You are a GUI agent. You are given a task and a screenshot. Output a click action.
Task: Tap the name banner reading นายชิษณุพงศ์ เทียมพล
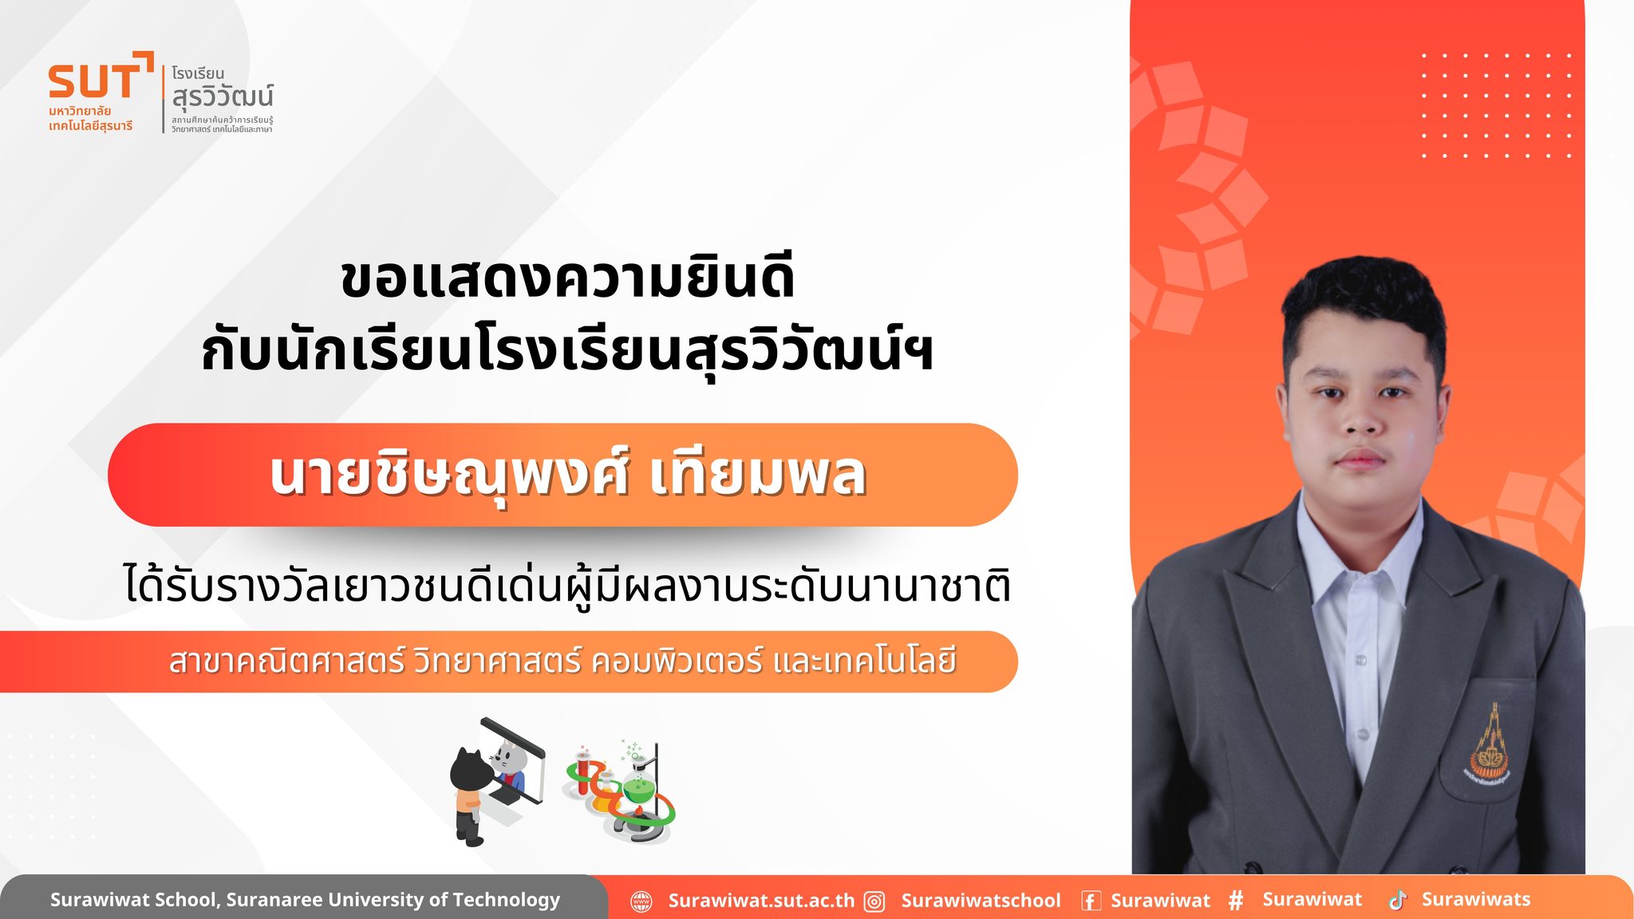coord(562,475)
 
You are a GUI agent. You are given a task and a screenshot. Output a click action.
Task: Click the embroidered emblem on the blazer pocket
coord(1489,747)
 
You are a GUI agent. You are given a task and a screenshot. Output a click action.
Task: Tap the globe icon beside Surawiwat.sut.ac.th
coord(641,901)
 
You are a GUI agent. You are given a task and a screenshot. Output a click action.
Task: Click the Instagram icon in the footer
coord(875,901)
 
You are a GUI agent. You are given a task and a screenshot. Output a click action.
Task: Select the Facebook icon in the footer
coord(1091,901)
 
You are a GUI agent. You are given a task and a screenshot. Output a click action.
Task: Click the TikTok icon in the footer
coord(1398,900)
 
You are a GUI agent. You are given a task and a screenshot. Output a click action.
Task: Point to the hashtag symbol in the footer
coord(1236,901)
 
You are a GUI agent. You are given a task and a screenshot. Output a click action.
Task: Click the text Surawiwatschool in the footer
coord(981,901)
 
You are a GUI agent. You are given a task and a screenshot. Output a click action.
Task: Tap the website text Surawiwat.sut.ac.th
coord(761,901)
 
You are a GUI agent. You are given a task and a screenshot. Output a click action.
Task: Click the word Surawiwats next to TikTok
coord(1476,899)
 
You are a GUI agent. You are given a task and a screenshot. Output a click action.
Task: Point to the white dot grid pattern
coord(1496,105)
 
